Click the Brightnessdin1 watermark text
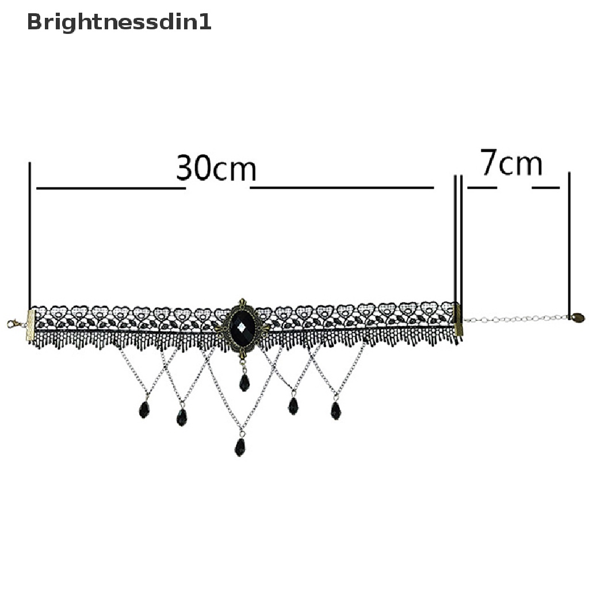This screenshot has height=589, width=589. (119, 22)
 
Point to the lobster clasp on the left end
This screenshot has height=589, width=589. (14, 324)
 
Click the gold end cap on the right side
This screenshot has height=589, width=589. (458, 320)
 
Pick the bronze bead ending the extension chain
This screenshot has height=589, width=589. (577, 317)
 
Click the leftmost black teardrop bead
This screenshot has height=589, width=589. (144, 410)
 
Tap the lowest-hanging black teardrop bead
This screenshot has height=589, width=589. (240, 446)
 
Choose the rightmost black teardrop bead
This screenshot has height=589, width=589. (336, 410)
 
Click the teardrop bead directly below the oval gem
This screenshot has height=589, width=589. (244, 383)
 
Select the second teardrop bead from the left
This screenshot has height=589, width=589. (182, 417)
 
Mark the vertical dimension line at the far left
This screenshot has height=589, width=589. (29, 236)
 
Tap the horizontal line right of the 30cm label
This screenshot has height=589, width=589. (342, 188)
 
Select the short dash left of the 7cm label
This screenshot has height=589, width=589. (481, 188)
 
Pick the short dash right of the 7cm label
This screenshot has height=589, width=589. (545, 188)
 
